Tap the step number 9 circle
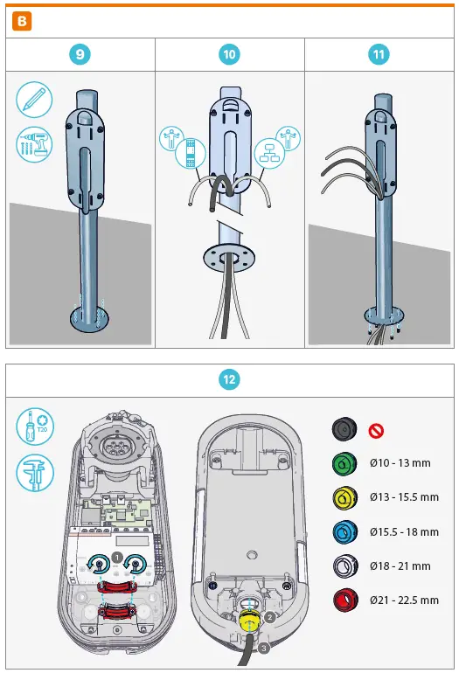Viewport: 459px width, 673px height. pos(80,54)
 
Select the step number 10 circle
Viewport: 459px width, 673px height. pos(229,54)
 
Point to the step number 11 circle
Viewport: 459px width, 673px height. pos(379,54)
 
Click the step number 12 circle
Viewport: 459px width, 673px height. pos(229,379)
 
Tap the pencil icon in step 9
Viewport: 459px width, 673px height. pos(33,99)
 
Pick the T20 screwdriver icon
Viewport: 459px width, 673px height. pos(33,427)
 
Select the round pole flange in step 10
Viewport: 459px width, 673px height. pos(229,258)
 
